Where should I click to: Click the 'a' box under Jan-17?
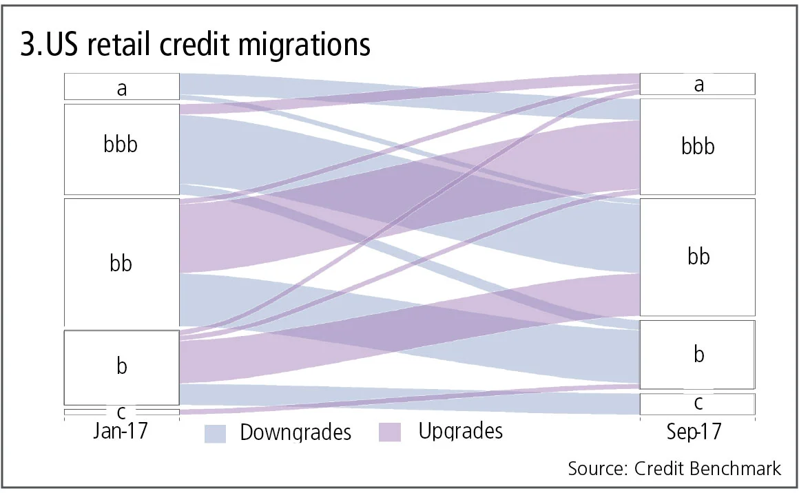[122, 87]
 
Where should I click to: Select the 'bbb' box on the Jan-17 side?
[122, 148]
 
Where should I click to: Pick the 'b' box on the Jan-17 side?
[122, 367]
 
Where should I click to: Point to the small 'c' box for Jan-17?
[122, 412]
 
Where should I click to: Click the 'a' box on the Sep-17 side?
[698, 84]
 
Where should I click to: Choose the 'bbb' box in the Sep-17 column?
[698, 147]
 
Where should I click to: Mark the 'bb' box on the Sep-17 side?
[698, 257]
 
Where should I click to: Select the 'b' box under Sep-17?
[698, 355]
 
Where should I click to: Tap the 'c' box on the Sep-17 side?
[698, 403]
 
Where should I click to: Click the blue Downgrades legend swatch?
[216, 432]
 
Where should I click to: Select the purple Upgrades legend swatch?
[391, 432]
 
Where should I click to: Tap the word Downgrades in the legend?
[295, 432]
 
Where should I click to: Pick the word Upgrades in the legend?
[460, 432]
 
